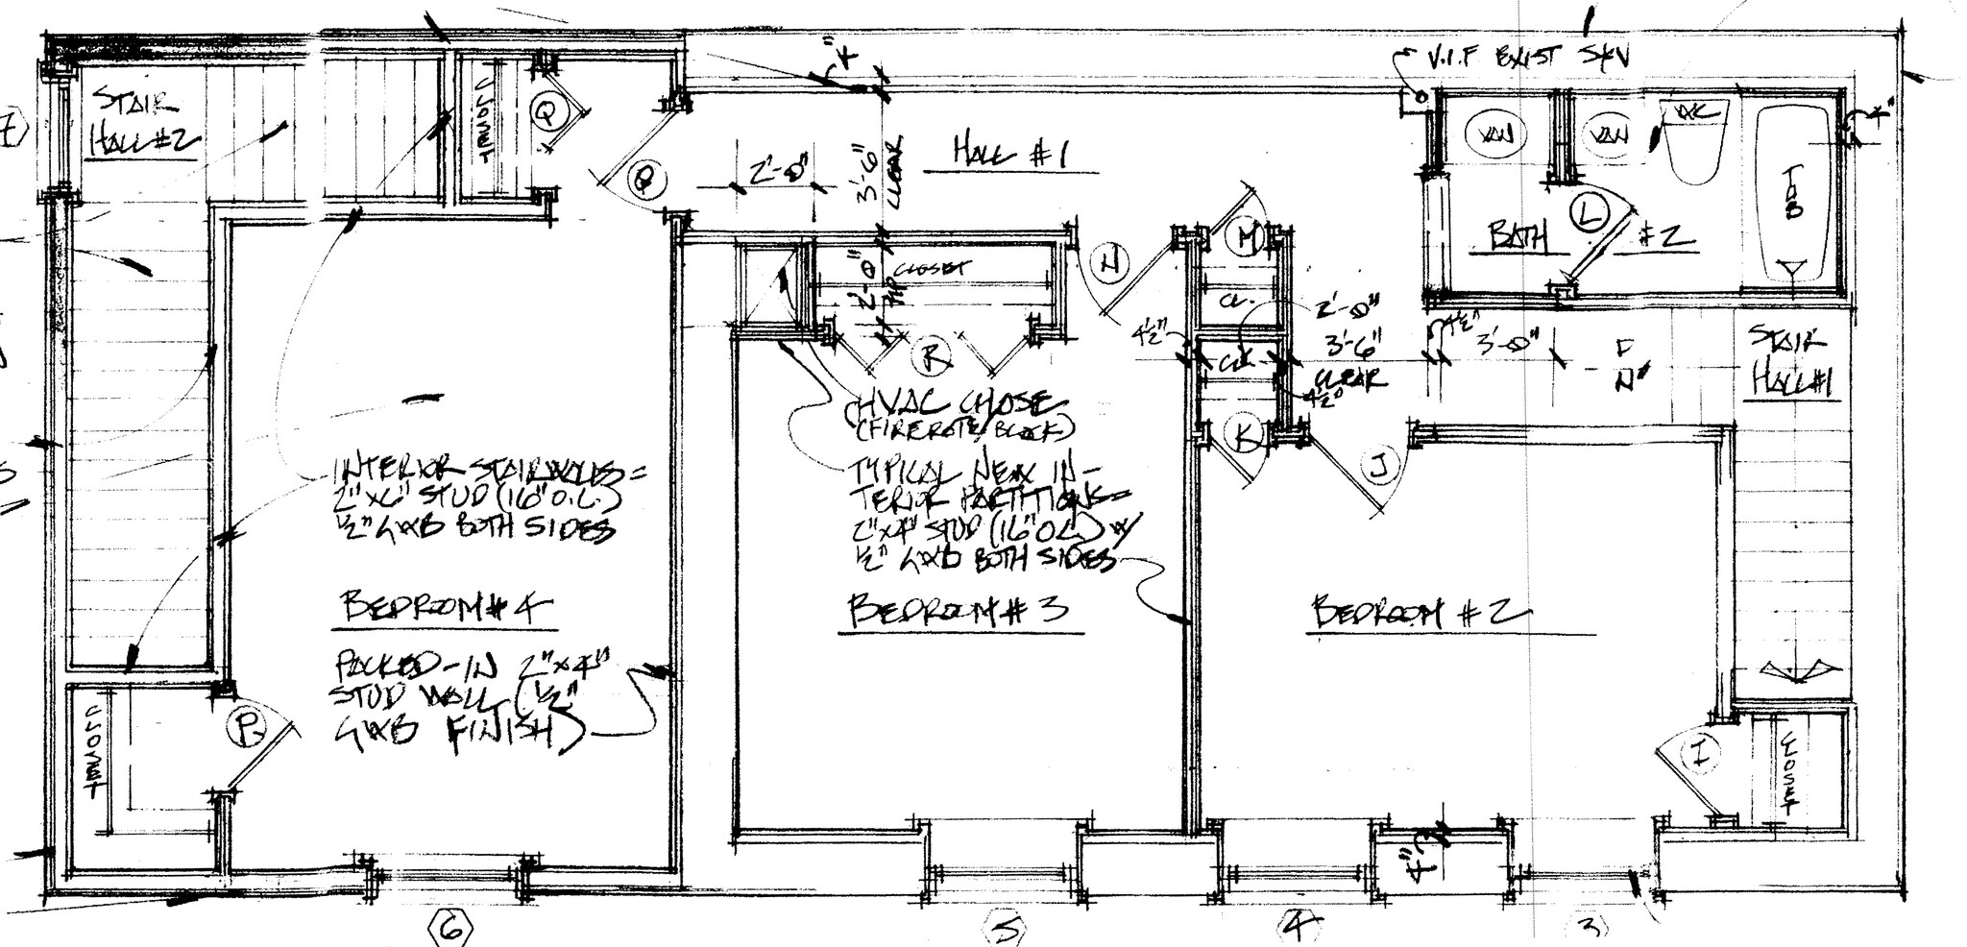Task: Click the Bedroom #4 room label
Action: [448, 608]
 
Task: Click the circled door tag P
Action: [247, 730]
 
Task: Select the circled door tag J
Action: [1378, 469]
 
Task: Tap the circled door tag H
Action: [1109, 263]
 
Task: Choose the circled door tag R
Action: [930, 358]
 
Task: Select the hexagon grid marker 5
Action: [1006, 929]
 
